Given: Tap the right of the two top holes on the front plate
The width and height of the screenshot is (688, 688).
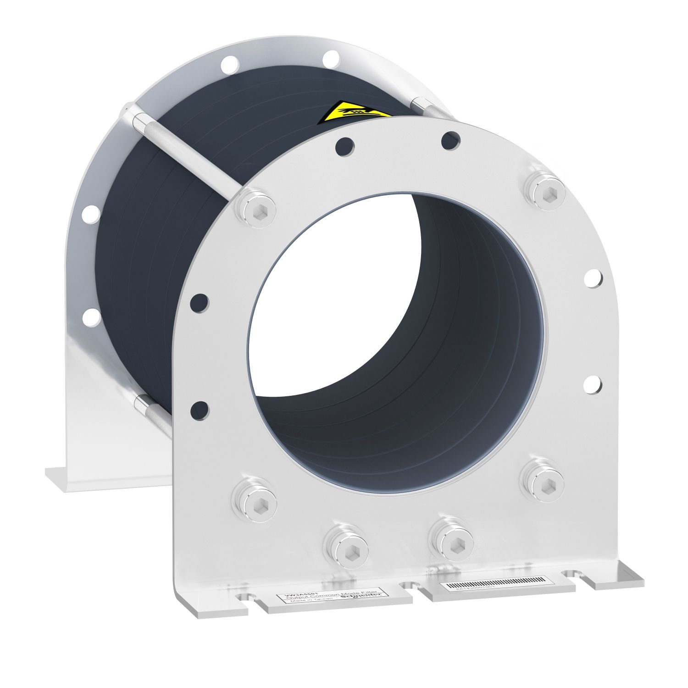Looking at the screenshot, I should pyautogui.click(x=450, y=139).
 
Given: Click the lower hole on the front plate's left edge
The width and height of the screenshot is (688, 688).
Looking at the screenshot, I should pyautogui.click(x=199, y=408).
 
